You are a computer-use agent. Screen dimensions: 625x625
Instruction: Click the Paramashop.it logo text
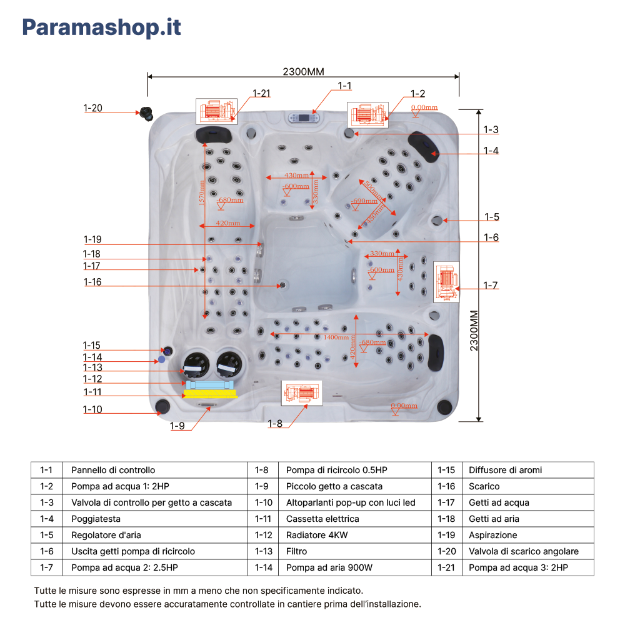[x=102, y=27]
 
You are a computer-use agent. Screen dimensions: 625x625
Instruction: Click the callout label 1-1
[x=344, y=86]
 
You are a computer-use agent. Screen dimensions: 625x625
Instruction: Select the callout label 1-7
[x=491, y=285]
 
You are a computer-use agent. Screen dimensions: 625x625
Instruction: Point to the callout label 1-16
[x=92, y=282]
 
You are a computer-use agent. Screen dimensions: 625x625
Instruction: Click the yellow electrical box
[x=211, y=394]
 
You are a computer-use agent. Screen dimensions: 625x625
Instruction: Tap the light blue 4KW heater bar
[x=209, y=384]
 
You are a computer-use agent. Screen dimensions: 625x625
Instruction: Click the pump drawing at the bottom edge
[x=302, y=392]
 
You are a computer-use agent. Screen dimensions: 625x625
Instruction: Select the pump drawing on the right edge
[x=446, y=281]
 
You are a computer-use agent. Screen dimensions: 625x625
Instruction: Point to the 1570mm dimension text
[x=202, y=193]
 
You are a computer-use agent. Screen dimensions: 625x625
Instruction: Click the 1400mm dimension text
[x=336, y=337]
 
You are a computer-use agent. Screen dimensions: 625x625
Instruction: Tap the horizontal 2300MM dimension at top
[x=303, y=71]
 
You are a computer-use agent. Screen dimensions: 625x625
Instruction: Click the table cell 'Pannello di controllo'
[x=113, y=470]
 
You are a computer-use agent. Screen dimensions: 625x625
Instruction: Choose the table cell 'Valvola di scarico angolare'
[x=523, y=551]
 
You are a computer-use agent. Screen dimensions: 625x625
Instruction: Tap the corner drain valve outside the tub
[x=147, y=113]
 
